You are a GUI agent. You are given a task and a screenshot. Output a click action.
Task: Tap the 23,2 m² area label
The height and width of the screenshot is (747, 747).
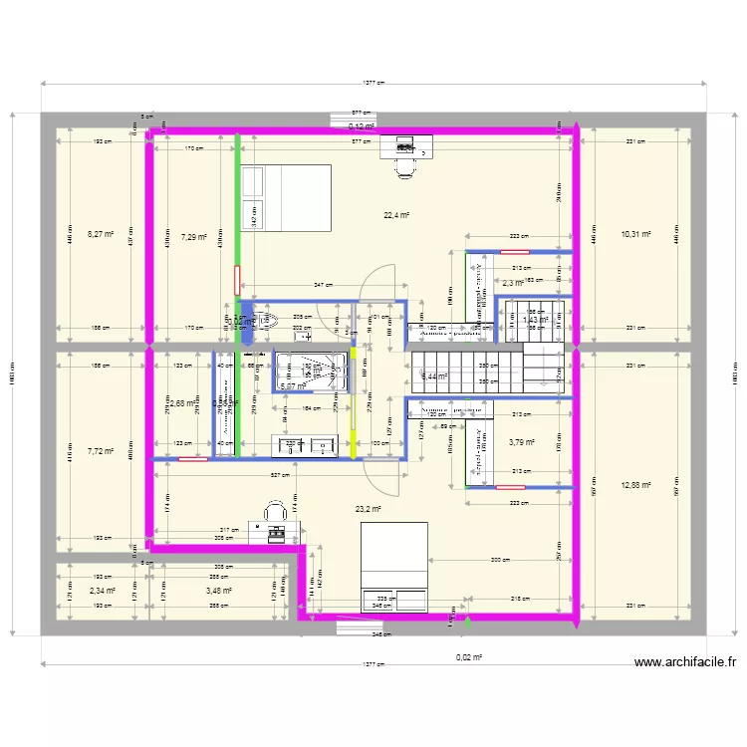[369, 509]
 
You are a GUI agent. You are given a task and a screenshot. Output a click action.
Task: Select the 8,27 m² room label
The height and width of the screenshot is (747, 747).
[101, 235]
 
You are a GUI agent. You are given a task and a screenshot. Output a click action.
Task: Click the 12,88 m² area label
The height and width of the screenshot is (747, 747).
[635, 486]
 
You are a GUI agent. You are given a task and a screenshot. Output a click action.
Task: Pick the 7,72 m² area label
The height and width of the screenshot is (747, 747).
[101, 451]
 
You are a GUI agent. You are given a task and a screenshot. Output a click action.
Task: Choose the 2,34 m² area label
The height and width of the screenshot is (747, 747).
[102, 591]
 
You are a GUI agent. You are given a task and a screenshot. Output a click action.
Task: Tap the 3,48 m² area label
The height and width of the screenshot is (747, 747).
[219, 591]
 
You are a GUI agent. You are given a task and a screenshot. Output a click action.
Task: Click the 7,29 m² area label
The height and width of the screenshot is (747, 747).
[193, 237]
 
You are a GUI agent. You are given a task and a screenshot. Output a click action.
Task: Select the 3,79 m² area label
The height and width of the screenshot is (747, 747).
[521, 442]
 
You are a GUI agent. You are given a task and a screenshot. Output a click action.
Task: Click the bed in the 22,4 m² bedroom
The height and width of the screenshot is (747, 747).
[287, 197]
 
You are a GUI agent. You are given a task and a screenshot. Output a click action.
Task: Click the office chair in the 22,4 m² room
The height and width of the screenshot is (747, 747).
[405, 167]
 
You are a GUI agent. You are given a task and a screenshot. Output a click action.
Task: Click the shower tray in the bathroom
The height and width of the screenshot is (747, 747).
[311, 372]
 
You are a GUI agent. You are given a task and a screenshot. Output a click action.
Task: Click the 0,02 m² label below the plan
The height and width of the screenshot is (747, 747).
[468, 658]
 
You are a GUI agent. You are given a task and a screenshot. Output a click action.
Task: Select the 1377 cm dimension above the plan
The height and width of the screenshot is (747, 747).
[373, 84]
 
